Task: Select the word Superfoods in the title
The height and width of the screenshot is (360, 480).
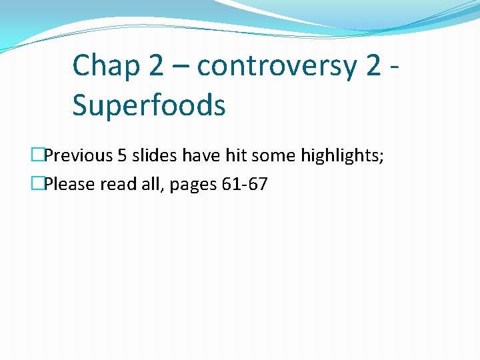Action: pos(149,105)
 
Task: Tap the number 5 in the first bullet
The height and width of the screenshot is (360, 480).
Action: pos(122,156)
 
